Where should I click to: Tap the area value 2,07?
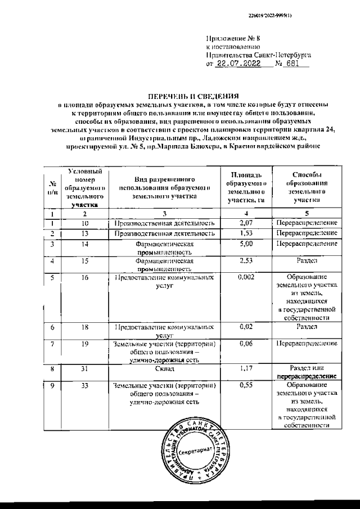pyautogui.click(x=244, y=223)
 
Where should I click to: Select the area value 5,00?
pyautogui.click(x=244, y=244)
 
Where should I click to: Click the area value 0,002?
pyautogui.click(x=244, y=277)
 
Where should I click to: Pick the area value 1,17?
pyautogui.click(x=244, y=369)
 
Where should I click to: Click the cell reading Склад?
pyautogui.click(x=165, y=369)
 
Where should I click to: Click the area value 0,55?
pyautogui.click(x=244, y=386)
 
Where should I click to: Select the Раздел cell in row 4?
pyautogui.click(x=306, y=261)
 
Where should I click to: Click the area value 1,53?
pyautogui.click(x=244, y=233)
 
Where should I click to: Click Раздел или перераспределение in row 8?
pyautogui.click(x=306, y=372)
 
